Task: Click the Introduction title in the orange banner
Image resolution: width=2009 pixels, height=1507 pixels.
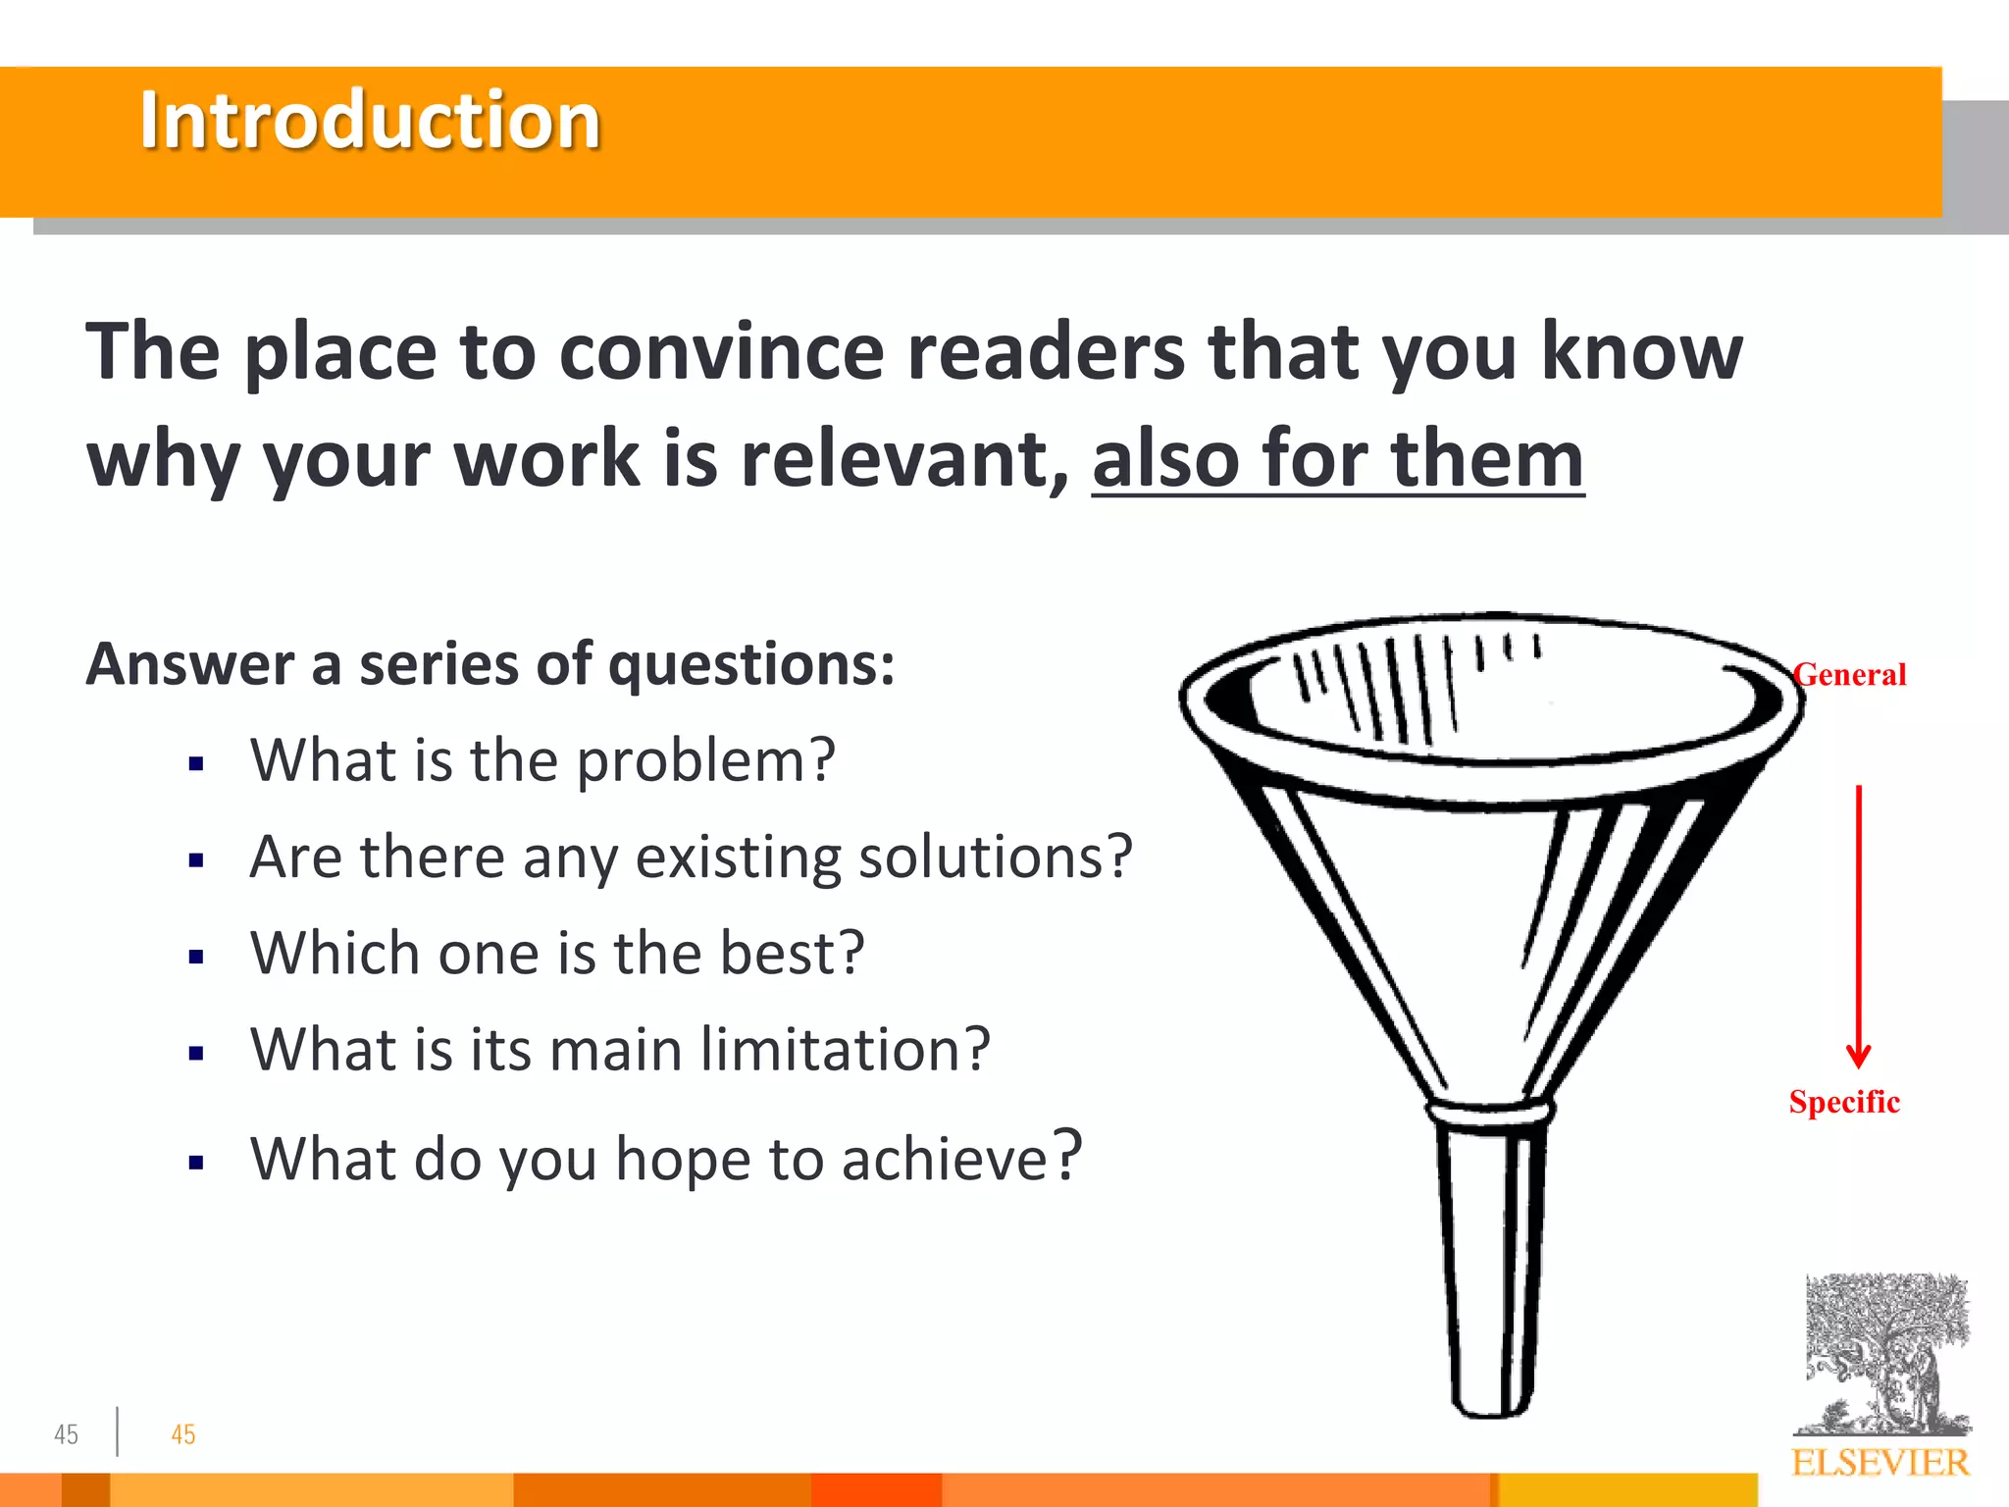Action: pyautogui.click(x=370, y=120)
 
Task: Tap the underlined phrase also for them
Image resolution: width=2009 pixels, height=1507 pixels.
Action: pyautogui.click(x=1337, y=459)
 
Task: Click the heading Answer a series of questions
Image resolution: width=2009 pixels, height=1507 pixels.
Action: pyautogui.click(x=490, y=664)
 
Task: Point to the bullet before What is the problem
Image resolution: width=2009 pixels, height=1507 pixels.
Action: pyautogui.click(x=196, y=763)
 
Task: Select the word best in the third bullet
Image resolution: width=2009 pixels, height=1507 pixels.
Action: pyautogui.click(x=791, y=953)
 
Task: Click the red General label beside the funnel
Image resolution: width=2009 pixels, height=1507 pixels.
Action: pyautogui.click(x=1850, y=675)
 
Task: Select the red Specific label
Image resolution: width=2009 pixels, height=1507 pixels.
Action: pyautogui.click(x=1844, y=1102)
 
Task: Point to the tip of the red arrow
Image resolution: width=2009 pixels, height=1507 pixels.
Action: pyautogui.click(x=1858, y=1064)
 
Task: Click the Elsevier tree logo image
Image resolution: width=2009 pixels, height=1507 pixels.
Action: pyautogui.click(x=1885, y=1354)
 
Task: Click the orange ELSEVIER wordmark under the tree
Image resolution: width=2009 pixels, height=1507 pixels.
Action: pyautogui.click(x=1880, y=1463)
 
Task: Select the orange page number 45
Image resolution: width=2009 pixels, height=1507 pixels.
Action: pyautogui.click(x=183, y=1434)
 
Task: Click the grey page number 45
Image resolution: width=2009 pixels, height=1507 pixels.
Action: pyautogui.click(x=66, y=1434)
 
